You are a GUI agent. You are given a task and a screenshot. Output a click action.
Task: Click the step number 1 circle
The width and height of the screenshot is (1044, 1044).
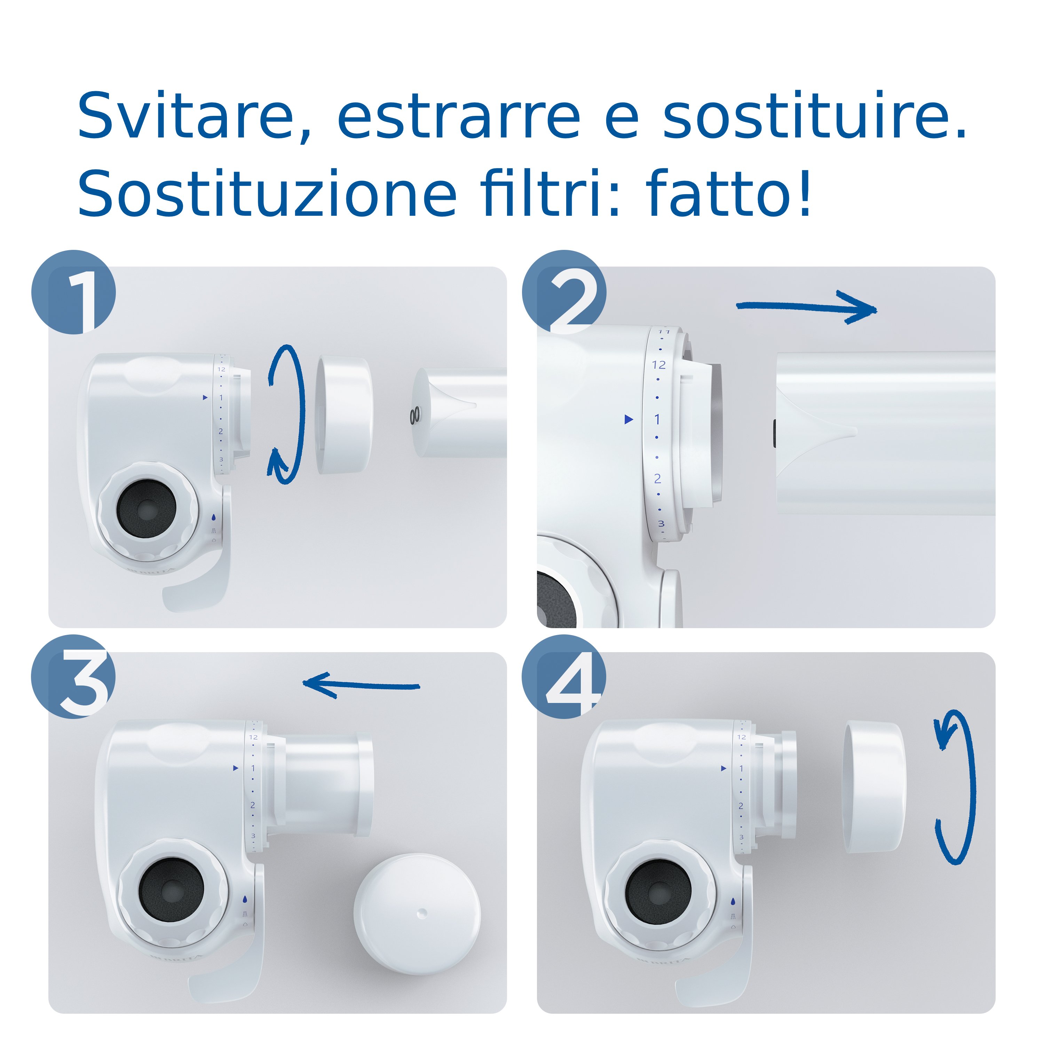pos(74,292)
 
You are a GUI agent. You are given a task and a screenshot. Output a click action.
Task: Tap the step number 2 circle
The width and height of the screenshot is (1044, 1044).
pos(564,292)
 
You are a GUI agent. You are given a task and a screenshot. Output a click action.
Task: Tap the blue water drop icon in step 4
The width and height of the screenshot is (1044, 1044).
pos(733,902)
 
